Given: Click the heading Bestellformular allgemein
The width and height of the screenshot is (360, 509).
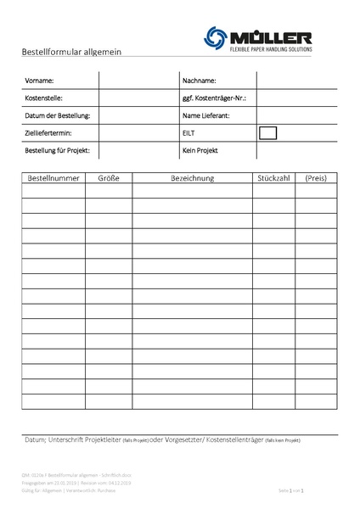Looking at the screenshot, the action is pyautogui.click(x=71, y=52).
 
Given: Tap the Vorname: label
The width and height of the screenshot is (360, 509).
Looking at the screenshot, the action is pyautogui.click(x=40, y=81).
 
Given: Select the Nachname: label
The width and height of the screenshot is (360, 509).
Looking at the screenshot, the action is pyautogui.click(x=200, y=81).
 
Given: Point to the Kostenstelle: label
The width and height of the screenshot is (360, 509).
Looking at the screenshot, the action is pyautogui.click(x=44, y=98).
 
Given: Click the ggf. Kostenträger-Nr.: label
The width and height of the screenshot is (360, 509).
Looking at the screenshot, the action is pyautogui.click(x=214, y=98).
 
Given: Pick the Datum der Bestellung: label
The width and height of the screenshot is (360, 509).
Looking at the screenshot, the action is pyautogui.click(x=58, y=115).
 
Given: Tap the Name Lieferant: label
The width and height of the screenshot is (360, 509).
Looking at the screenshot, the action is pyautogui.click(x=206, y=115).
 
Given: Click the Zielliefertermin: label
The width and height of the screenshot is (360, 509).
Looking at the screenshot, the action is pyautogui.click(x=48, y=133).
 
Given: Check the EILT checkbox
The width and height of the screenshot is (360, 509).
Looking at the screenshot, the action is pyautogui.click(x=267, y=132).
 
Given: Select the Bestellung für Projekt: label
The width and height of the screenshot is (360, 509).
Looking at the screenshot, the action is pyautogui.click(x=58, y=150).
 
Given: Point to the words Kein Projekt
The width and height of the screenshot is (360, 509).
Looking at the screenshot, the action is pyautogui.click(x=200, y=150).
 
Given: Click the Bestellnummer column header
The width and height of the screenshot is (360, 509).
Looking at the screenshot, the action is pyautogui.click(x=53, y=178).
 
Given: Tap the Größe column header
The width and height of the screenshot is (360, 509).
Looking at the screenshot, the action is pyautogui.click(x=109, y=178).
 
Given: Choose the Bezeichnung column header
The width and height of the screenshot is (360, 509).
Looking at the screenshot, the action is pyautogui.click(x=193, y=178).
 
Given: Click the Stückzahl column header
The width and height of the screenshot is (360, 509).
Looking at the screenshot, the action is pyautogui.click(x=273, y=178).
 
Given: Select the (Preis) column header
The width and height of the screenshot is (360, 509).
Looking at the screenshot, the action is pyautogui.click(x=316, y=178).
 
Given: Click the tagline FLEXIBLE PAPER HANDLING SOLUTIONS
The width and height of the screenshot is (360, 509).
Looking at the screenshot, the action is pyautogui.click(x=271, y=51).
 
